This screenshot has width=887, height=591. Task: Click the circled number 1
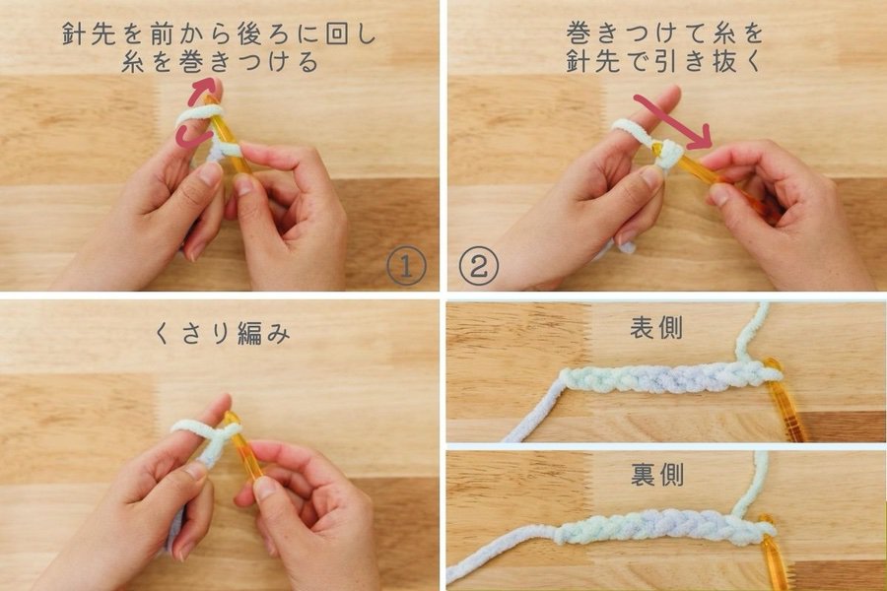click(x=405, y=265)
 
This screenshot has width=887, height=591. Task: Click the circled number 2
click(x=480, y=265)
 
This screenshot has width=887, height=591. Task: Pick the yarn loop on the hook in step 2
click(x=669, y=154)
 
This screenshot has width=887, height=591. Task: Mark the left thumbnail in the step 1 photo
click(x=210, y=174)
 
